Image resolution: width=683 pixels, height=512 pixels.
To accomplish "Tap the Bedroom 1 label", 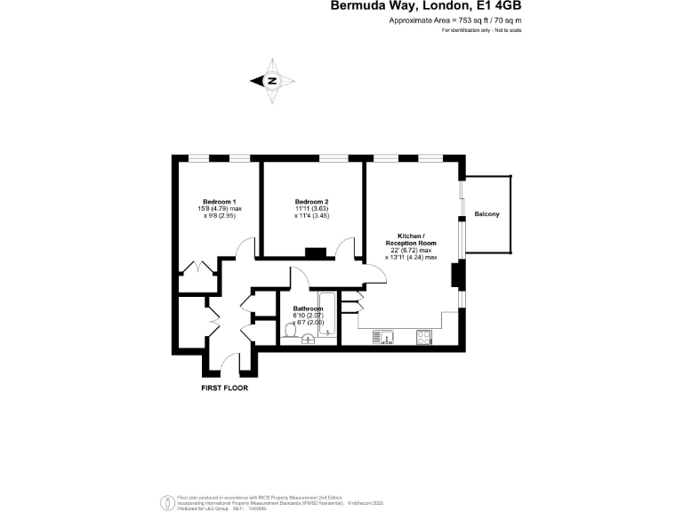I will point(219,201).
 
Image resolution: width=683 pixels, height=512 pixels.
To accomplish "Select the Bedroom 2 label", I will point(312,201).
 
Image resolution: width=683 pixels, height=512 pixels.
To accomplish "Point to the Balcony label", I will point(486,214).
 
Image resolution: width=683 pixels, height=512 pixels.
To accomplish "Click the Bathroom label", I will point(309,309).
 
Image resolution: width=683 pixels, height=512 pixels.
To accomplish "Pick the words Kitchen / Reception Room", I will point(411,239).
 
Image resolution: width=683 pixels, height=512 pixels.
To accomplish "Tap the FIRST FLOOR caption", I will point(223,388).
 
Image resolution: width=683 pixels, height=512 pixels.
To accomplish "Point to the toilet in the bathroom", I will point(290,331).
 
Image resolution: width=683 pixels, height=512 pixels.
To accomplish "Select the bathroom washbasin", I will point(309,338).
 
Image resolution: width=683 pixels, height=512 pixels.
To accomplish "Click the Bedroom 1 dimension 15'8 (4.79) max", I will point(220,209).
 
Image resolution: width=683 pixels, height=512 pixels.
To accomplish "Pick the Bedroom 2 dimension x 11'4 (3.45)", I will point(312,216).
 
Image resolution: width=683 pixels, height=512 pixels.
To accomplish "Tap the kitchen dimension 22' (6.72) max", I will point(411,250).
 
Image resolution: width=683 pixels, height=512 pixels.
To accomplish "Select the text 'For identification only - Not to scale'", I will point(481,30).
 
